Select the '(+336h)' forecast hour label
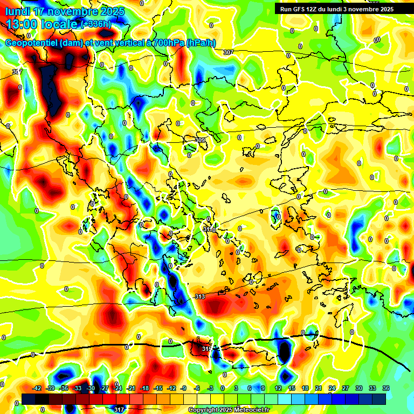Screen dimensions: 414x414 point(96,24)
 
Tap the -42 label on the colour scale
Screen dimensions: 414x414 point(37,388)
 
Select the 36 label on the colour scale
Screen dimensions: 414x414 point(385,388)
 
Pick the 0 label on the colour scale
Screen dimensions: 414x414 point(223,388)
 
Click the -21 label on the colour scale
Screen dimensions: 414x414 point(131,388)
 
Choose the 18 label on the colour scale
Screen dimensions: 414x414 point(305,388)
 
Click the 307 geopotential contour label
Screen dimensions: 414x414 point(229,52)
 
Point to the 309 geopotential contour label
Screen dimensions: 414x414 point(200,141)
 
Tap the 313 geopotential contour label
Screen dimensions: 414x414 point(200,297)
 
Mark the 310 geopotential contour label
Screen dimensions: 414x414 point(209,230)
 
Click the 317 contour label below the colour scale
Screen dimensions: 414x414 point(119,410)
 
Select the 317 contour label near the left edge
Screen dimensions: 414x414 point(17,72)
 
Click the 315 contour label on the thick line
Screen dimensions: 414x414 point(207,349)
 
